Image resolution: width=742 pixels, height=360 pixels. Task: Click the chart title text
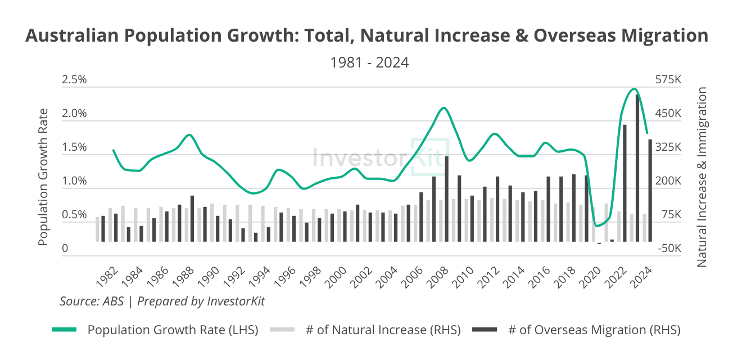point(367,35)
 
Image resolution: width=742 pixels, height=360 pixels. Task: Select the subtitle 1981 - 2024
point(369,62)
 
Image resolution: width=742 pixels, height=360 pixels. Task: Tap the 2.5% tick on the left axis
point(74,80)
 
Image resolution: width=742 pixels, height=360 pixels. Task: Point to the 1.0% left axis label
point(74,182)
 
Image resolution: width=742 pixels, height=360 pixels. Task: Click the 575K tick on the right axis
point(668,80)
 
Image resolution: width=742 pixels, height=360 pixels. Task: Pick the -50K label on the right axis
point(668,249)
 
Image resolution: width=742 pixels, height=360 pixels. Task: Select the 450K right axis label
point(668,114)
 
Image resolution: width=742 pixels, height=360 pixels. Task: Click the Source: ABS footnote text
point(162,301)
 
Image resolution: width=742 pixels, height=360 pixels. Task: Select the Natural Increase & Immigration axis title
point(702,177)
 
